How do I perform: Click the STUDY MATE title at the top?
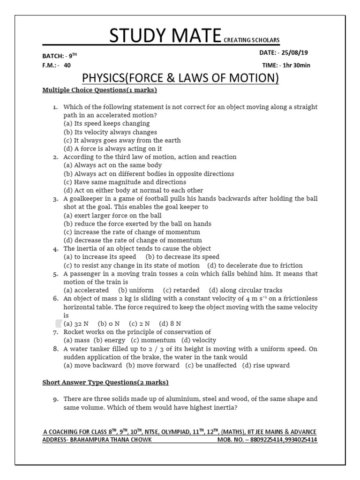[165, 37]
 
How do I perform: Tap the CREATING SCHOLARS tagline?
[251, 41]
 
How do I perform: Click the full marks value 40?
[67, 66]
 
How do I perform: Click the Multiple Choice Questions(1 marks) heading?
[99, 90]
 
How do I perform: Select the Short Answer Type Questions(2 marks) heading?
[105, 382]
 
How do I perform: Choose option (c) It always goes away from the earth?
[122, 141]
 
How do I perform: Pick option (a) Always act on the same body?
[112, 165]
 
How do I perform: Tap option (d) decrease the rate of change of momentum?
[133, 240]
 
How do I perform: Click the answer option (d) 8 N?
[170, 323]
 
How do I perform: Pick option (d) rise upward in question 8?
[266, 366]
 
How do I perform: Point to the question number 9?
[55, 399]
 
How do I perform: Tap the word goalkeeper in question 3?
[90, 199]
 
